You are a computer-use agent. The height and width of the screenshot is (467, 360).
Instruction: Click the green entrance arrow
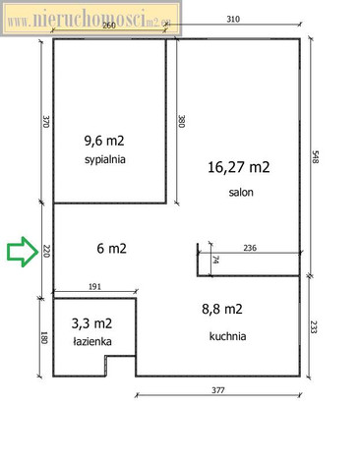23,252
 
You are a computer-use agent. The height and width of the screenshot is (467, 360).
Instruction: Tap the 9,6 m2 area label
104,141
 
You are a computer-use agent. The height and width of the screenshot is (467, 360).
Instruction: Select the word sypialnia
105,159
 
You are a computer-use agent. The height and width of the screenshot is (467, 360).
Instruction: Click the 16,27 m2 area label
239,167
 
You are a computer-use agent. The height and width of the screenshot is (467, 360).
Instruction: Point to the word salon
241,192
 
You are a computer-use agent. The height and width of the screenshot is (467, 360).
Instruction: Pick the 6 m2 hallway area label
111,249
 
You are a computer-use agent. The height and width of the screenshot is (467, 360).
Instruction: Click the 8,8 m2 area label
222,309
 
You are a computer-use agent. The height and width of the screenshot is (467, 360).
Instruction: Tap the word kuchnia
227,336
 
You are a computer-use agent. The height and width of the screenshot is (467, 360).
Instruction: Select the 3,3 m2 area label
91,323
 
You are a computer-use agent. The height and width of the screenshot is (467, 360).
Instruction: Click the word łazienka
92,341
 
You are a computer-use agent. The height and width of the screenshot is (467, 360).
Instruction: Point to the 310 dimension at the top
233,19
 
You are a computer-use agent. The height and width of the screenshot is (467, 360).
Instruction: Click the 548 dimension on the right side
315,157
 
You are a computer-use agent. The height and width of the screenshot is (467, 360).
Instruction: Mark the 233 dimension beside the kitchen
313,326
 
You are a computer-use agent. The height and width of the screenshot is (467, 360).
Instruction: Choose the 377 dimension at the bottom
218,390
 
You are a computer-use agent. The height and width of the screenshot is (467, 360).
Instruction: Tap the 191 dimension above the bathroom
94,286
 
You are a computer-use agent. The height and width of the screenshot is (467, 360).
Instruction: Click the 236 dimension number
250,248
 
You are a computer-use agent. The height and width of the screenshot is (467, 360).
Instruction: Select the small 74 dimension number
215,260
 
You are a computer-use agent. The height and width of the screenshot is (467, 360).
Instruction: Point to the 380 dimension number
181,121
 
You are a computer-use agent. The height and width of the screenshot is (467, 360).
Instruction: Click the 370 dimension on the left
45,121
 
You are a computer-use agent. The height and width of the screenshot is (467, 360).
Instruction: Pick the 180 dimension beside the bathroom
43,337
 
